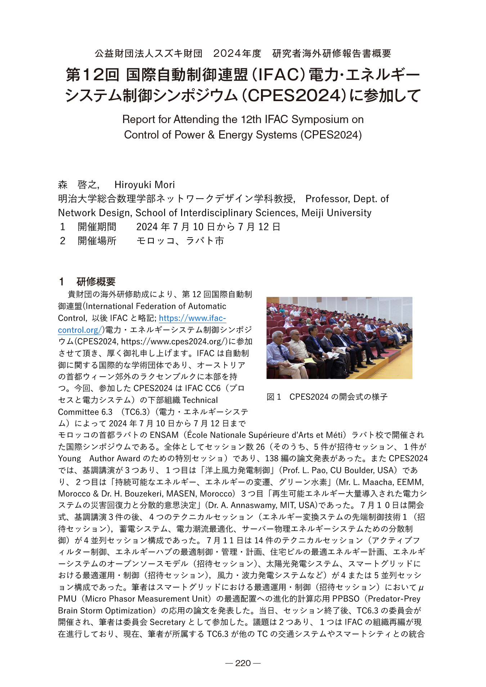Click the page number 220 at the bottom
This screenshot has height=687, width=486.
tap(243, 663)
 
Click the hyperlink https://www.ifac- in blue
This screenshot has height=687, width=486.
tap(192, 318)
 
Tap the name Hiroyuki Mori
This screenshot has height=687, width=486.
tap(144, 185)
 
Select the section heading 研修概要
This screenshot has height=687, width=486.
tap(96, 281)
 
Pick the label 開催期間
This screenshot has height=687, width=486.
tap(97, 227)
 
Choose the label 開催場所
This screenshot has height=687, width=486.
tap(97, 241)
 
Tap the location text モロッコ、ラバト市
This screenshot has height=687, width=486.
tap(180, 241)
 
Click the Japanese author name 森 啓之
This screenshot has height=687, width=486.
tap(78, 185)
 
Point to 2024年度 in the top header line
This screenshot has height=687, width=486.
tap(237, 54)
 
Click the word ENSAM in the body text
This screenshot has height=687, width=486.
tap(164, 435)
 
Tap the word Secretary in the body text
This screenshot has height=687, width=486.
tap(167, 622)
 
